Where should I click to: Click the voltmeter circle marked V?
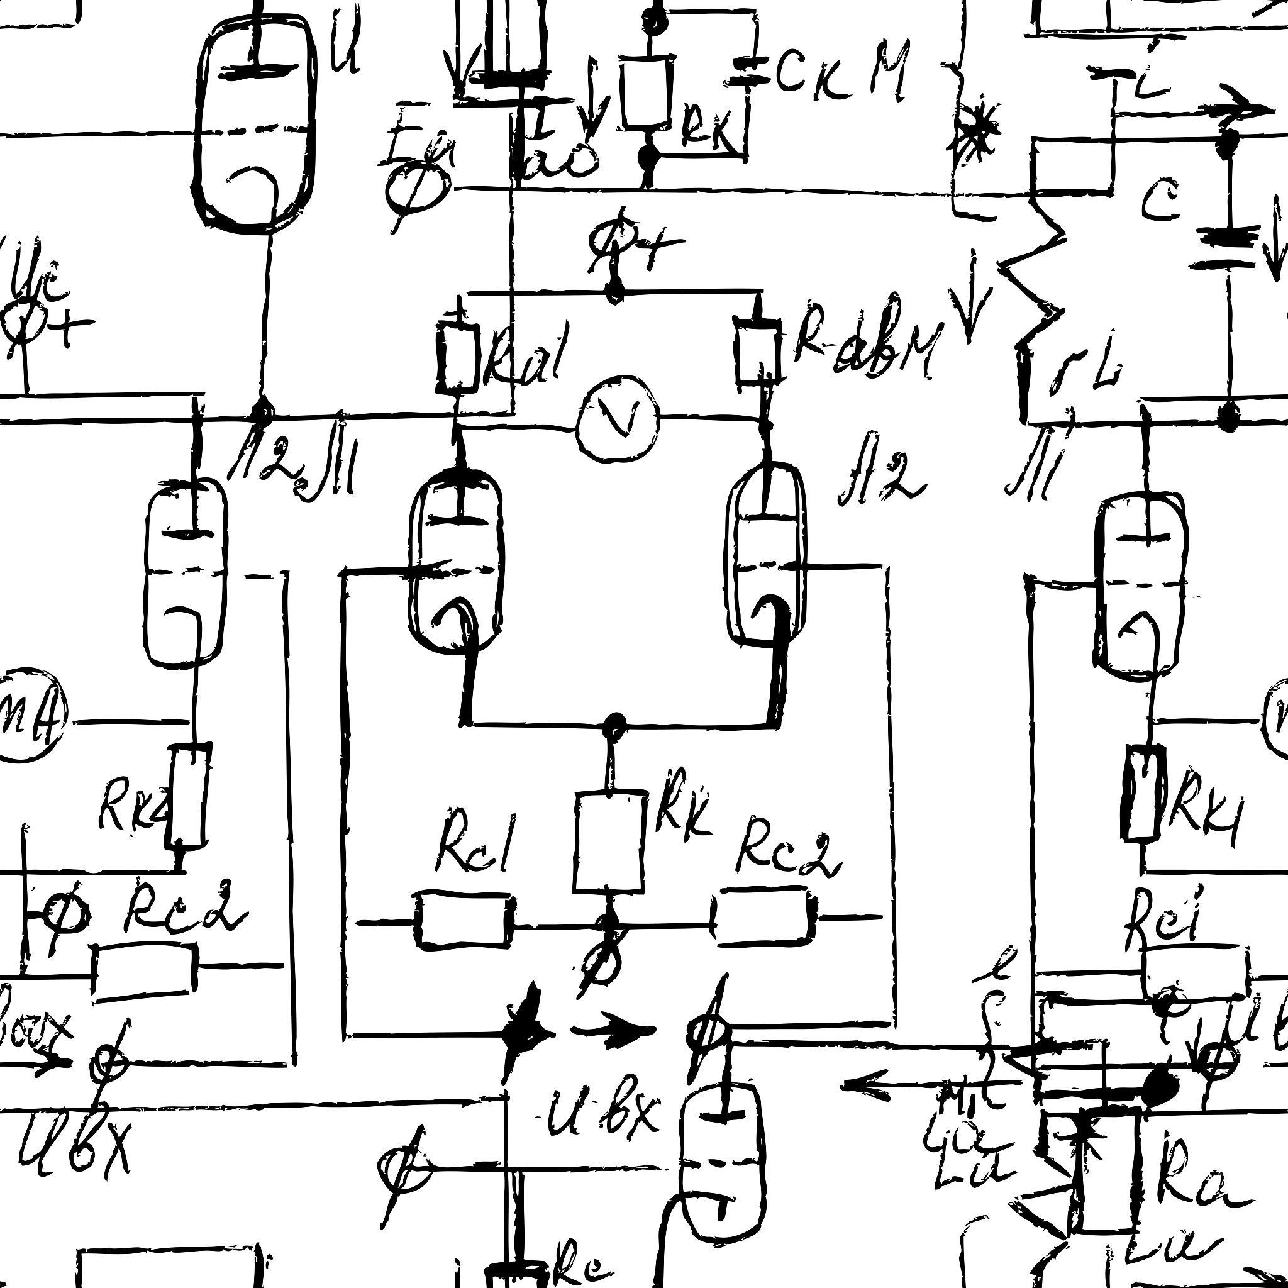pyautogui.click(x=619, y=418)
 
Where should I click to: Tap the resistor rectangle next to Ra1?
pyautogui.click(x=457, y=357)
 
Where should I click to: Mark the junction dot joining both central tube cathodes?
pyautogui.click(x=614, y=723)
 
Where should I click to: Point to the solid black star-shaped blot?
pyautogui.click(x=526, y=1030)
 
